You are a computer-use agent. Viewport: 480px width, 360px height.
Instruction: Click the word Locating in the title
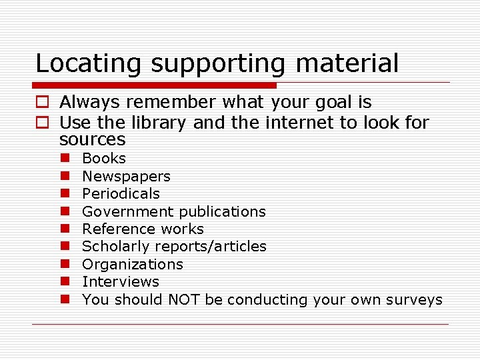point(89,63)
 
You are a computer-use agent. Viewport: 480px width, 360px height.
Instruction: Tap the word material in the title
point(347,63)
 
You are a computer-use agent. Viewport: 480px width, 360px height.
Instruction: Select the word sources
point(92,139)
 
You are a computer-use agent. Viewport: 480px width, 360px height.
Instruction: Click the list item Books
point(103,158)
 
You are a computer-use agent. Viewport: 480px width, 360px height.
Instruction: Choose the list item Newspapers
point(126,176)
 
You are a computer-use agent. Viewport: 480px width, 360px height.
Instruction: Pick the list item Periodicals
point(121,193)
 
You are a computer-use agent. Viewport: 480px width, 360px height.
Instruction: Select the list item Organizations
point(132,264)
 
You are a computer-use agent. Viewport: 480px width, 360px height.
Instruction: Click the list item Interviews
point(120,282)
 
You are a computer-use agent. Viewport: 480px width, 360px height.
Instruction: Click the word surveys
point(415,299)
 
